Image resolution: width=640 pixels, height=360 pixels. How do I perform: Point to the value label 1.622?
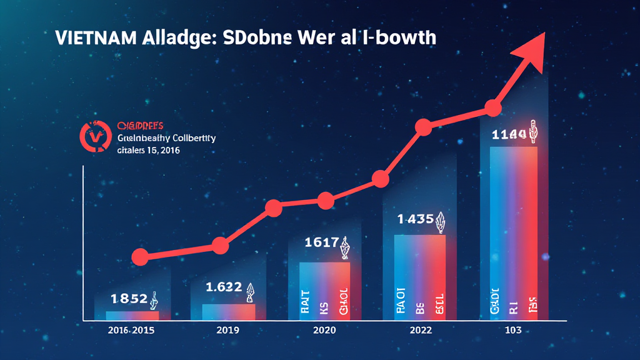point(223,287)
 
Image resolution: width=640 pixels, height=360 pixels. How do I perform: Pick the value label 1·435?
point(416,219)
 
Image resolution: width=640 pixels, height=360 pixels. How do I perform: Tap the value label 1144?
point(509,134)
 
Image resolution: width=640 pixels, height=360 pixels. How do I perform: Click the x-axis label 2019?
point(228,329)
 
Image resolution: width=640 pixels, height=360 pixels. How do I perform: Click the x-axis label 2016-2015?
point(130,329)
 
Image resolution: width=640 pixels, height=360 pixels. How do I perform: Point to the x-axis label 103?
point(512,329)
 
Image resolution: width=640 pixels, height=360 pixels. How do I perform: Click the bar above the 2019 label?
point(229,312)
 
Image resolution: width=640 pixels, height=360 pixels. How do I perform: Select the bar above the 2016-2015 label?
point(132,316)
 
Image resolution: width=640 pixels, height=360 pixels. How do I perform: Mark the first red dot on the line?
point(140,256)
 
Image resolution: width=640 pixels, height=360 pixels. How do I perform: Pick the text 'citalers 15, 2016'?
point(148,151)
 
